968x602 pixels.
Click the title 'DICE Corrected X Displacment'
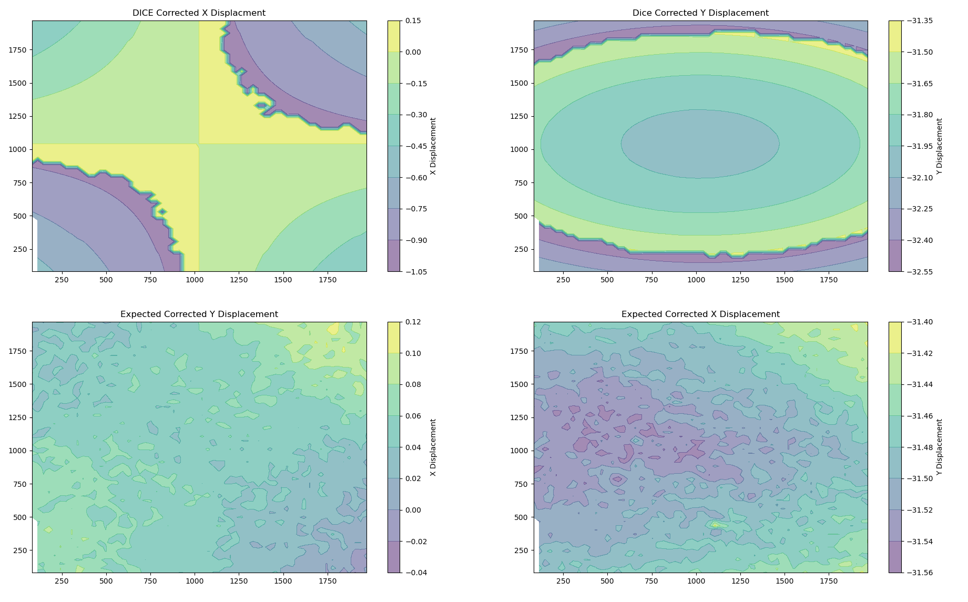(x=199, y=13)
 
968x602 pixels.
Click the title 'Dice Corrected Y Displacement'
(x=700, y=13)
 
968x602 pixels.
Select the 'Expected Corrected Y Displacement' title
(x=199, y=314)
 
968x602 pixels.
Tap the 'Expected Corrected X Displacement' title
(x=700, y=314)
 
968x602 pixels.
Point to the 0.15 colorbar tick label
(x=413, y=21)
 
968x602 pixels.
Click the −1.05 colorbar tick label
(x=414, y=272)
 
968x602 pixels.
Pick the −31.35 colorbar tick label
(x=918, y=21)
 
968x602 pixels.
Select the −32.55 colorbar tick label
(x=918, y=272)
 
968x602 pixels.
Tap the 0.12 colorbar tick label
(x=413, y=322)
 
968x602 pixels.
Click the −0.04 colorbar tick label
(x=414, y=573)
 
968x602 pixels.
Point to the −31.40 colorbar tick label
(x=918, y=322)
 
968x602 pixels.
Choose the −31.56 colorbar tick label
(x=918, y=573)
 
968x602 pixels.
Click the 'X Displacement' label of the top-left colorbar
(x=433, y=146)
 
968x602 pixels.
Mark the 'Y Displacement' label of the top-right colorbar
(x=940, y=146)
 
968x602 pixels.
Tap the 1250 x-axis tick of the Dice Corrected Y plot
(x=740, y=280)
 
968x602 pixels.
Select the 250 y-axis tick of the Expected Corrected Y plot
(x=21, y=550)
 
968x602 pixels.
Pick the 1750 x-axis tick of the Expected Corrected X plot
(x=829, y=581)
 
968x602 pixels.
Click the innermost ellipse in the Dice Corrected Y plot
(x=700, y=144)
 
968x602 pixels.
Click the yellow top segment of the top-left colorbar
(x=393, y=36)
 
